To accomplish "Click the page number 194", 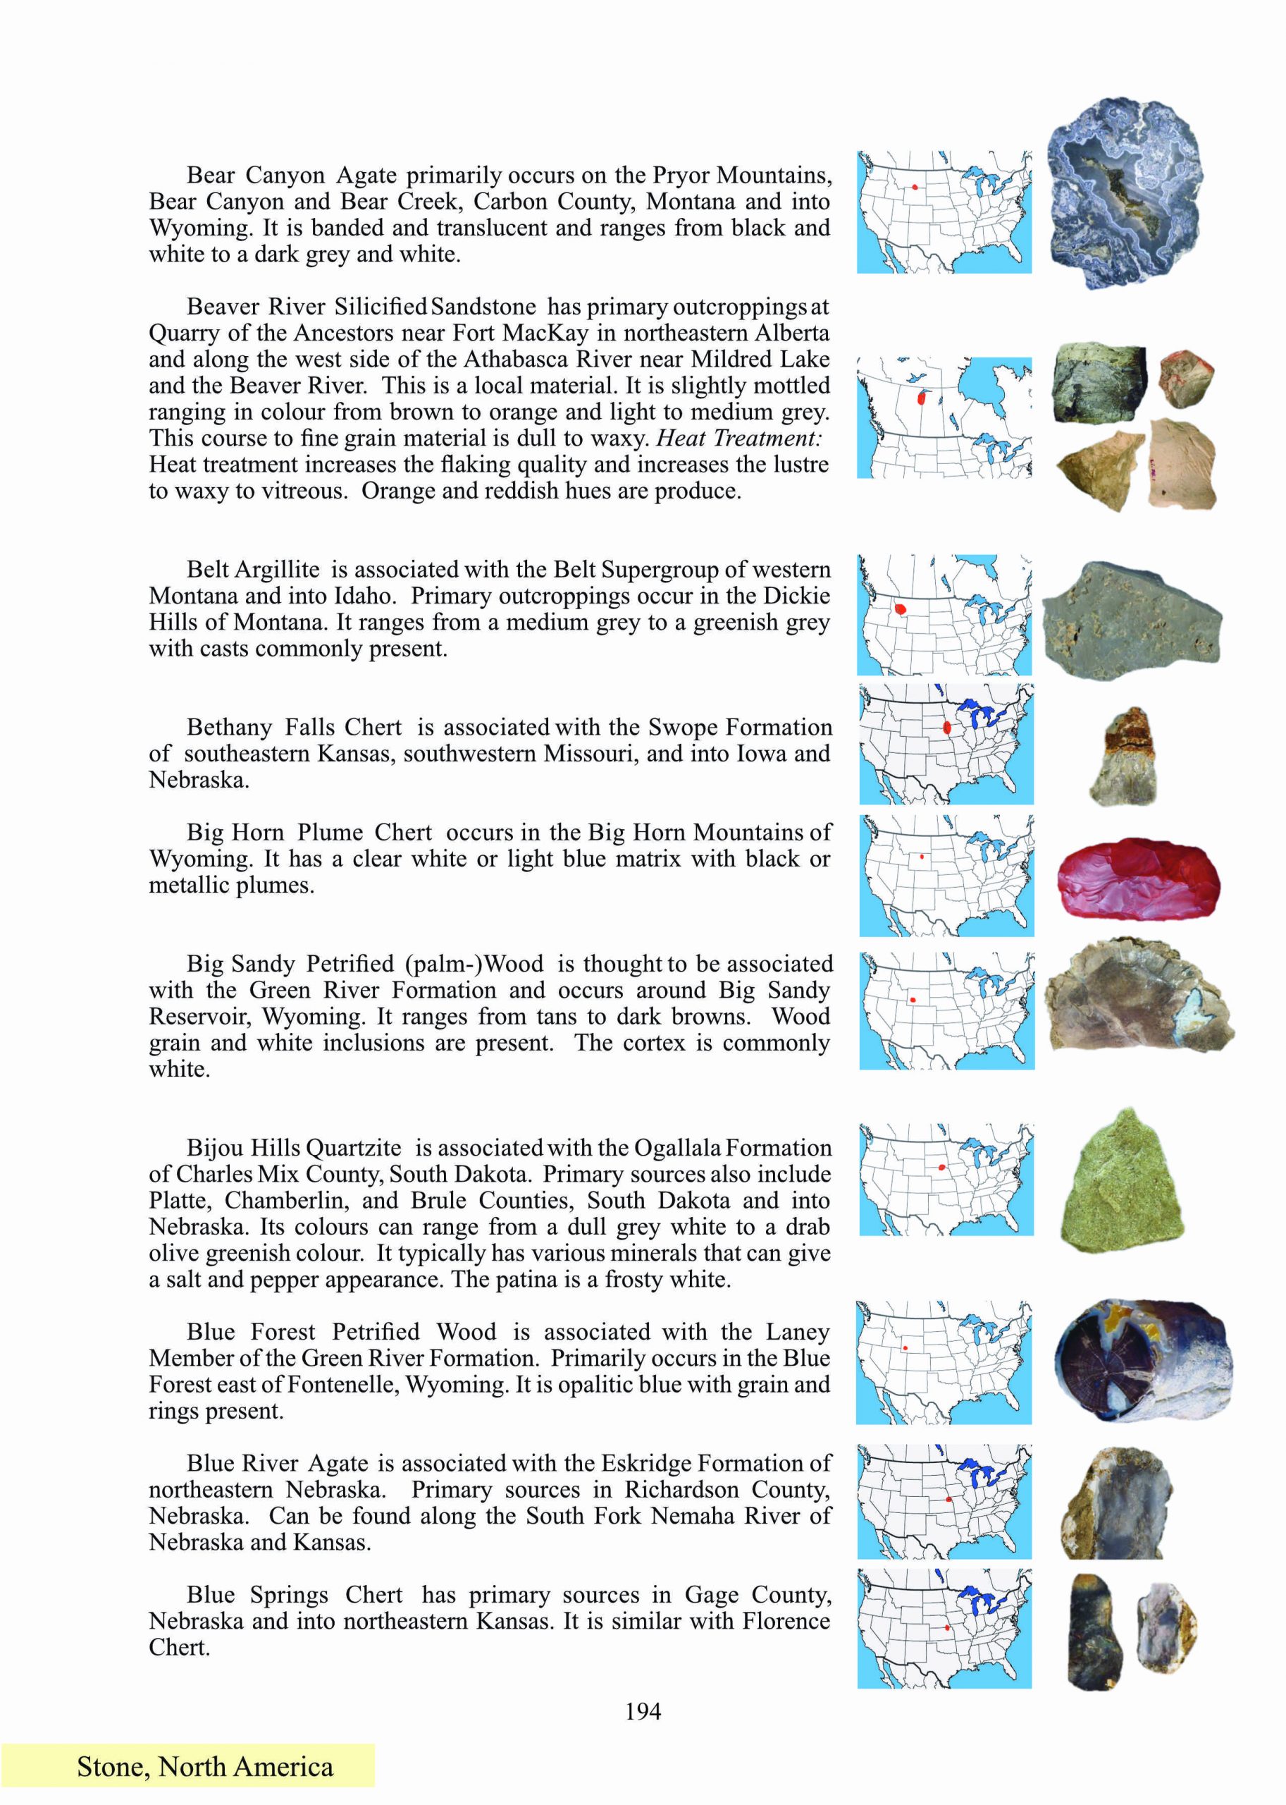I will pos(642,1711).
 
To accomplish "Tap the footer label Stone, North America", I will pos(204,1766).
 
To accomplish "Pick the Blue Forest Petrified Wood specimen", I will pos(1144,1359).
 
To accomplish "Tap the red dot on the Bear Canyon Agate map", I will pos(915,187).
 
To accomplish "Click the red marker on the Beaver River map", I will pos(921,399).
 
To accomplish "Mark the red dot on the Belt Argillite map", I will pos(901,608).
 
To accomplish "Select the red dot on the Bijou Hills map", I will pos(941,1167).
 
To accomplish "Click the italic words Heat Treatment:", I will pos(738,438).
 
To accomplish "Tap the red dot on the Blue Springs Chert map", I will pos(947,1627).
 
